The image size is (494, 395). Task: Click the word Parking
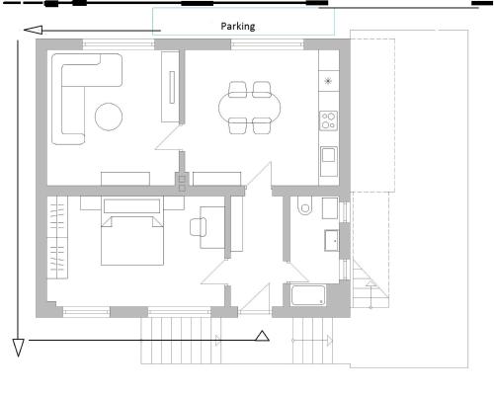tap(238, 27)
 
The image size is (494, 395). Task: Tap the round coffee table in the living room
tap(109, 117)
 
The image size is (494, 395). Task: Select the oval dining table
tap(250, 108)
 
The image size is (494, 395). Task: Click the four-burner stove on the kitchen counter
tap(328, 120)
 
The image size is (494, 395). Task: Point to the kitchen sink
tap(329, 161)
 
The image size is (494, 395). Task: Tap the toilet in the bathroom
tap(304, 205)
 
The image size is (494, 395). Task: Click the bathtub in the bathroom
tap(308, 295)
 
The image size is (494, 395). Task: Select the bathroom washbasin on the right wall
tap(332, 240)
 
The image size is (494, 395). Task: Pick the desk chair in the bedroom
tap(198, 227)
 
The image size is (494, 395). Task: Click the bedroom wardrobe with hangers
tap(57, 237)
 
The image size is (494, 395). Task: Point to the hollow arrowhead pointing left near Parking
tap(34, 30)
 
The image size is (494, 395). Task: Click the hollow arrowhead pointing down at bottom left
tap(18, 348)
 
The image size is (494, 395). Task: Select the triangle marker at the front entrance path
tap(262, 336)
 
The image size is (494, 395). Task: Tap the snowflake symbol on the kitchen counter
tap(328, 81)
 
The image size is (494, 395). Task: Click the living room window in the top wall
tap(119, 44)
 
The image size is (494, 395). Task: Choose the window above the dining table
tap(267, 44)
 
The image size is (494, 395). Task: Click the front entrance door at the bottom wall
tap(254, 298)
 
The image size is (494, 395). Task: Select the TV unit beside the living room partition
tap(170, 87)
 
